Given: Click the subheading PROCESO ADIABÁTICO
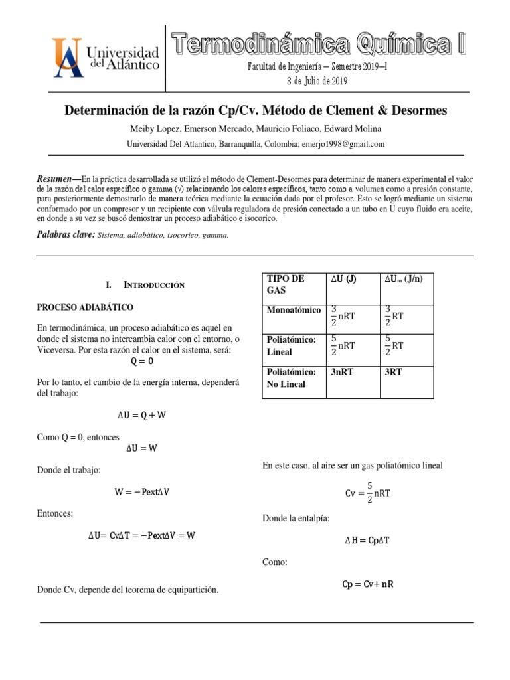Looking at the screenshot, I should [x=85, y=307].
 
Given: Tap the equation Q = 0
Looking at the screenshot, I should [x=141, y=361].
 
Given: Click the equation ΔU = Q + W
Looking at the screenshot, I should [x=141, y=415].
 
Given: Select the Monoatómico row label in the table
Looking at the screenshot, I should [x=294, y=310].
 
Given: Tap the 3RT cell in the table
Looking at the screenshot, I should [x=395, y=373].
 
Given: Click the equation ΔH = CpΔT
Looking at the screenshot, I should [x=367, y=541].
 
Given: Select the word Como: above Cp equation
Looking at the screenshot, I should [x=275, y=562].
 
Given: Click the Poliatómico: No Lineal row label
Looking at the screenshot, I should [x=291, y=379].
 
